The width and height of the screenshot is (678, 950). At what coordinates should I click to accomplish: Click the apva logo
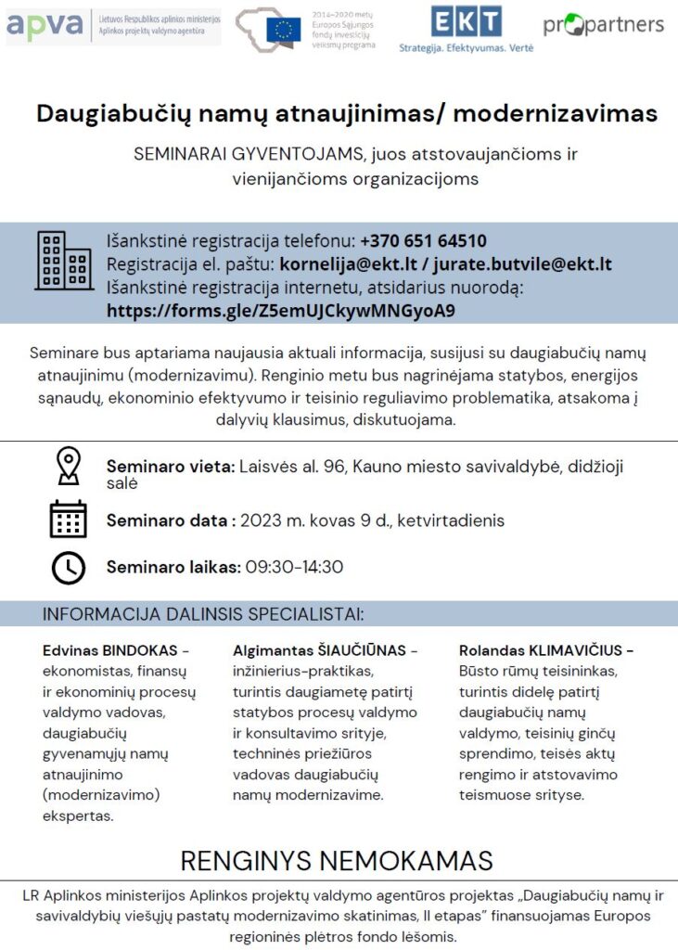point(45,25)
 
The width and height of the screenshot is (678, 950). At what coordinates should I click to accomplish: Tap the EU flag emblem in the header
point(283,31)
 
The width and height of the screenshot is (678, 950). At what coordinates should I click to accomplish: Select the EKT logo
point(466,21)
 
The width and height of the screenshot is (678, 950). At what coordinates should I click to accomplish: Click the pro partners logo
point(603,25)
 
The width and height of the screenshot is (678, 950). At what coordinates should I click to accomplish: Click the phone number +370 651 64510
point(423,241)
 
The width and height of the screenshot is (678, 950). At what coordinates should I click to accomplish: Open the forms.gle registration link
point(281,310)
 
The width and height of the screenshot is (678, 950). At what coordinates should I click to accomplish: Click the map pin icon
point(68,466)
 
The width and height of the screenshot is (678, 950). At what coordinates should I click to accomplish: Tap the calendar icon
point(68,520)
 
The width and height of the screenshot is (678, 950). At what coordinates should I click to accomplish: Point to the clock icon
point(68,567)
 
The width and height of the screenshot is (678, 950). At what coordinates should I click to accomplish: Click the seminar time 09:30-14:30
point(294,567)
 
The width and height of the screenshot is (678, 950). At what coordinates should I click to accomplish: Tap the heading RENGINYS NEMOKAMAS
point(338,860)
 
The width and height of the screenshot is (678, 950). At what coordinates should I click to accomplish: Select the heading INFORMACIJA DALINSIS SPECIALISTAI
point(202,614)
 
